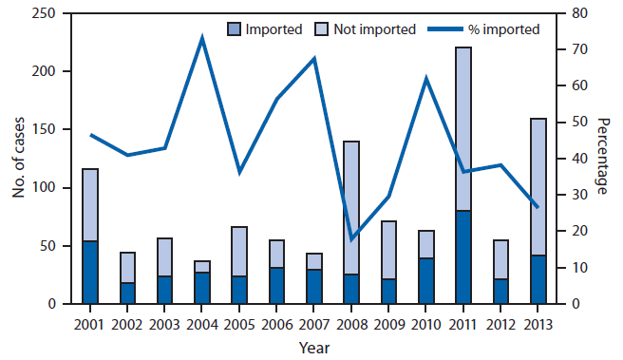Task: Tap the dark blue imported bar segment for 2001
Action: [91, 273]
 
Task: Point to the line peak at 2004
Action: [202, 38]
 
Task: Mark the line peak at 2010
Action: [427, 78]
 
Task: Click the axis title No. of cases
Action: [18, 159]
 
